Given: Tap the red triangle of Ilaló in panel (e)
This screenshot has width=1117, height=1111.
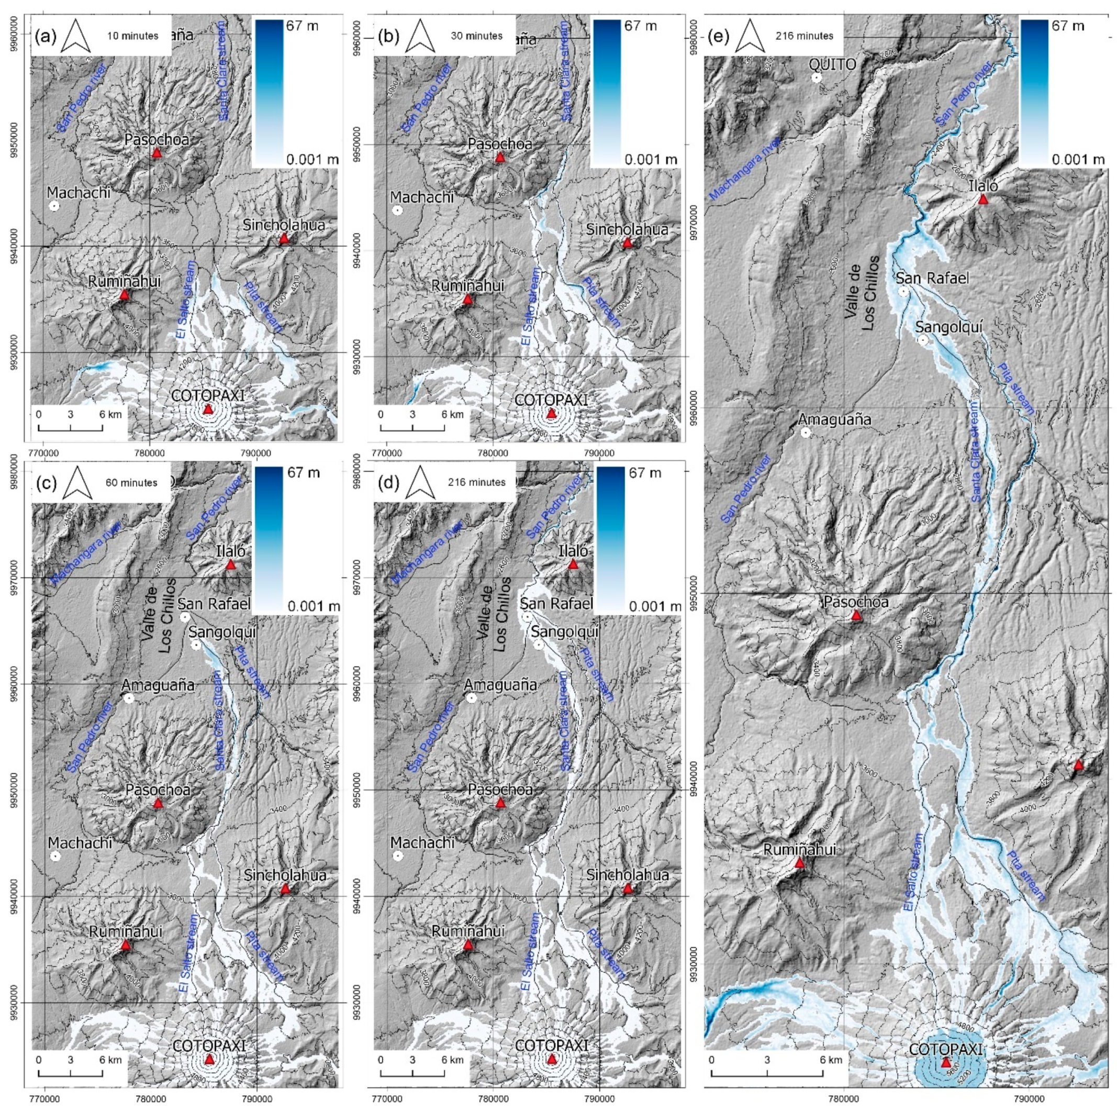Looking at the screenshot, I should [983, 199].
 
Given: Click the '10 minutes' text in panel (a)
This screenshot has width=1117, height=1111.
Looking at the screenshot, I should [132, 36].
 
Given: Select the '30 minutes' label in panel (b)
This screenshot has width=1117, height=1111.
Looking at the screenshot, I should [476, 36].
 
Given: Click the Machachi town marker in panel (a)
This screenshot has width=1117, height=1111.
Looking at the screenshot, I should [54, 206].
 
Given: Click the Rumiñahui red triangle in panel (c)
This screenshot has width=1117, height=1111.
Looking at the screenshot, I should [126, 945].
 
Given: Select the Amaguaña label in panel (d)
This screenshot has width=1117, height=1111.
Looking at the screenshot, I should [501, 685].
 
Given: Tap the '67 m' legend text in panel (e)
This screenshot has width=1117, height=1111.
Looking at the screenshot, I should [1073, 26].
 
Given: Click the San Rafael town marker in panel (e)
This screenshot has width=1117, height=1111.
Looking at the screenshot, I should [903, 292].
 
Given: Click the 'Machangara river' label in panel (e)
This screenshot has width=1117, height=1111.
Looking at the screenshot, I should [745, 170].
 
